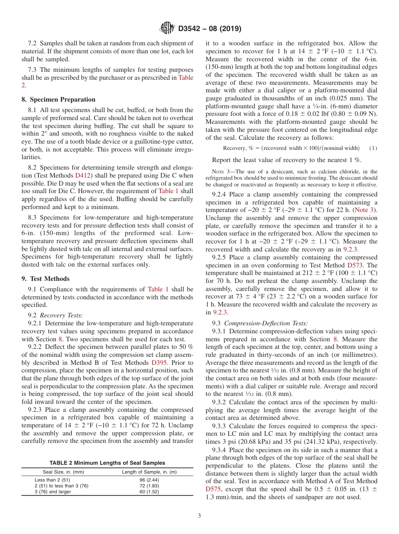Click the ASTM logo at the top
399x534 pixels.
click(x=167, y=29)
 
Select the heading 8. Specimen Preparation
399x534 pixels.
click(x=58, y=99)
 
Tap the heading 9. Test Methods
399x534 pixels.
click(x=45, y=279)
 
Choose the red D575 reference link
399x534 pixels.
click(x=213, y=489)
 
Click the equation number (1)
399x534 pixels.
click(x=373, y=148)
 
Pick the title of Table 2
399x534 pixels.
click(x=107, y=463)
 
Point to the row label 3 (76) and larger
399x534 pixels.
click(x=52, y=492)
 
